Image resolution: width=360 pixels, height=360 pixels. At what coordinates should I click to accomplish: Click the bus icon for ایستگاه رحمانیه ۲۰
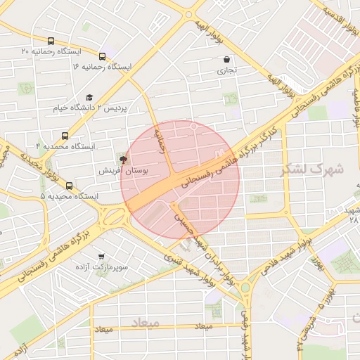(x=51, y=41)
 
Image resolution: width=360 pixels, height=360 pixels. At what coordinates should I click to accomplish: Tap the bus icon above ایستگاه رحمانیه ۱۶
(x=103, y=56)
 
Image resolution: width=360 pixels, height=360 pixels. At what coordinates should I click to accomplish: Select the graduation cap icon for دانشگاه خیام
(x=89, y=97)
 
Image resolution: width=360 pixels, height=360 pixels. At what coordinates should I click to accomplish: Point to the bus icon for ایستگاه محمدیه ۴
(x=65, y=136)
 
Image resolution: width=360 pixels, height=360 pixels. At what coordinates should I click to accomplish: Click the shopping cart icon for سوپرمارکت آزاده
(x=103, y=257)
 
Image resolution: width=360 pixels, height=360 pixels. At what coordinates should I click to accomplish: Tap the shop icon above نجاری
(x=226, y=60)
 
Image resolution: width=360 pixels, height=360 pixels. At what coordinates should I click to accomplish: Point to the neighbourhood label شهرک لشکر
(x=311, y=169)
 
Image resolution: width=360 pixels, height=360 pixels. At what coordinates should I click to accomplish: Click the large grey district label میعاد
(x=146, y=322)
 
